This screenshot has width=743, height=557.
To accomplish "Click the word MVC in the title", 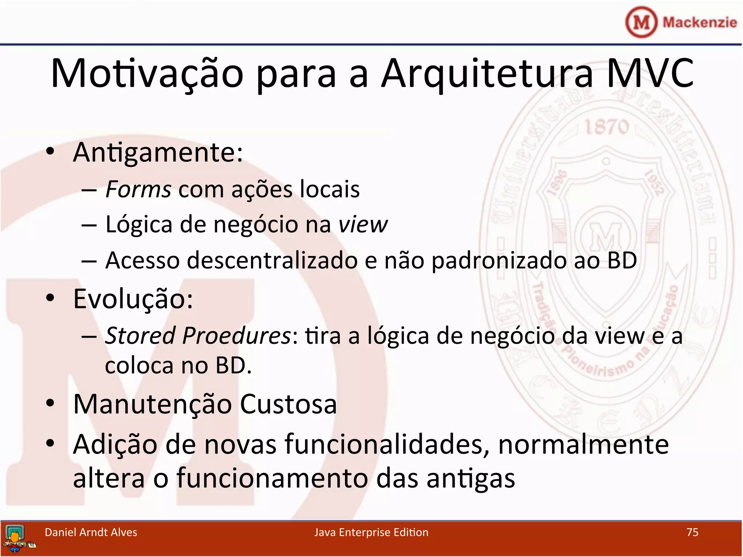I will tap(650, 74).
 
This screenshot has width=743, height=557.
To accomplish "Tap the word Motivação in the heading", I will tap(147, 74).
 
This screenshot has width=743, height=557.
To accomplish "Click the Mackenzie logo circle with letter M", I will tap(641, 22).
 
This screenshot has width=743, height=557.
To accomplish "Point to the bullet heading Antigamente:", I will tap(158, 152).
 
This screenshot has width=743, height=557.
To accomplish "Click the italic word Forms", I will tap(138, 189).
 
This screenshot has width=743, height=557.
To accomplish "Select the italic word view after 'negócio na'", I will tap(363, 225).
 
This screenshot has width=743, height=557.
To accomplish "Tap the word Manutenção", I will tap(152, 404).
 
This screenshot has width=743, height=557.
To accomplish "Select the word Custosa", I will tap(288, 404).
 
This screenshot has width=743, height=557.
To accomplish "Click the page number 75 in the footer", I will tap(692, 532).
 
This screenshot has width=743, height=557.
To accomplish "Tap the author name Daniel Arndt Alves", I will tap(91, 532).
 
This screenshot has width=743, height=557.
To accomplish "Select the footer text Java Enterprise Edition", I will tap(371, 532).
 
